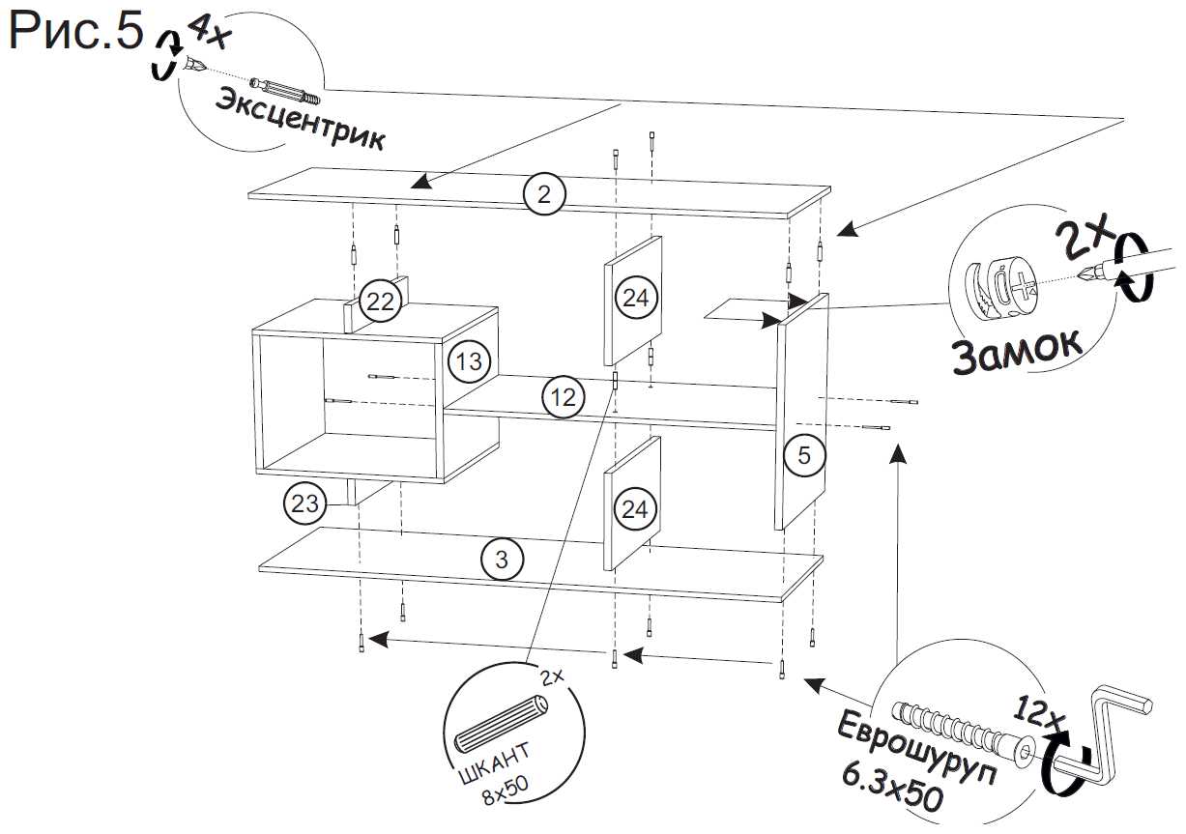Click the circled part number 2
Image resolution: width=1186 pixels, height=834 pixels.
point(544,195)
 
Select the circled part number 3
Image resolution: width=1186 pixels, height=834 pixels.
point(502,559)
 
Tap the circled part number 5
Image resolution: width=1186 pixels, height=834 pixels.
point(804,455)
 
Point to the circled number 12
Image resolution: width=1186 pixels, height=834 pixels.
point(564,396)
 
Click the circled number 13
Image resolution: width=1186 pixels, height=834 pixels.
point(469,362)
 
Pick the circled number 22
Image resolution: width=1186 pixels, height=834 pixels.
point(381,302)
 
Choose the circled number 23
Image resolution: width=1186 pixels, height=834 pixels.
point(304,503)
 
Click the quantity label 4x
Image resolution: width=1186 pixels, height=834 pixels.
point(208,33)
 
